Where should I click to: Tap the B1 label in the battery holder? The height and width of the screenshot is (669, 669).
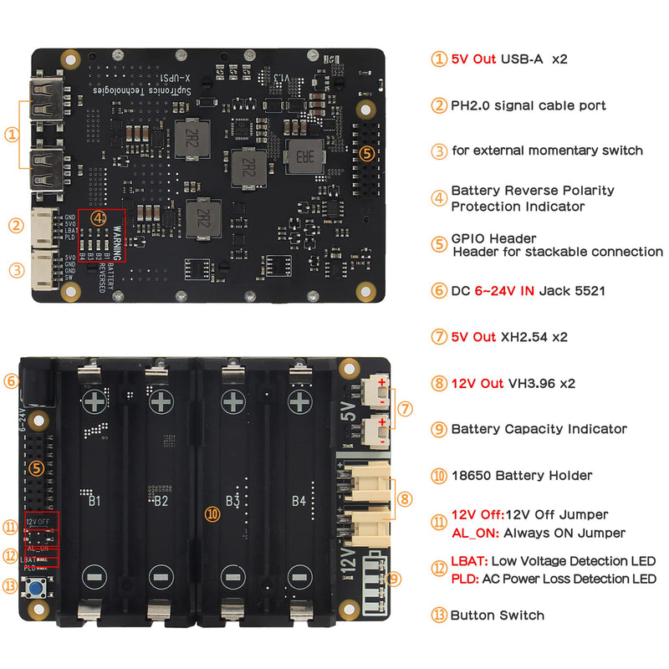tap(94, 501)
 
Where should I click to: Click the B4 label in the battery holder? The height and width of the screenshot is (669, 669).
tap(299, 501)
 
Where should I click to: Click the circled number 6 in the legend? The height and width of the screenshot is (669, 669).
tap(439, 291)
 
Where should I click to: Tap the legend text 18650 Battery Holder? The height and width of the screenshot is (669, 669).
tap(522, 476)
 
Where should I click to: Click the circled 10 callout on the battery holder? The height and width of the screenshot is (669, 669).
tap(213, 514)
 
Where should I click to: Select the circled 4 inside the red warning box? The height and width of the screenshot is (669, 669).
tap(99, 217)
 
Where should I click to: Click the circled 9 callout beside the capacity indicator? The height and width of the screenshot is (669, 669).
tap(394, 578)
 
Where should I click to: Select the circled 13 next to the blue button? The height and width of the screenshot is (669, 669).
tap(9, 585)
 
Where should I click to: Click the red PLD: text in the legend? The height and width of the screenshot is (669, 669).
tap(465, 579)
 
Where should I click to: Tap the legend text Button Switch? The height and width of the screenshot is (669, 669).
tap(498, 615)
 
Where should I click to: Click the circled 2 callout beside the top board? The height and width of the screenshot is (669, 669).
tap(15, 225)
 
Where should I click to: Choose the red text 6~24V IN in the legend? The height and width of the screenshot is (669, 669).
tap(506, 291)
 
